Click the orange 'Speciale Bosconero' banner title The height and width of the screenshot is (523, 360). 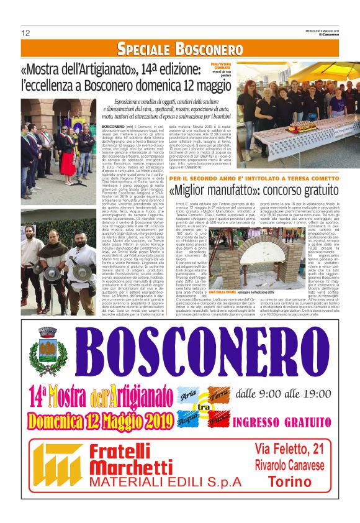180,49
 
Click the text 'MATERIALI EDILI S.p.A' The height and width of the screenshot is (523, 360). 155,481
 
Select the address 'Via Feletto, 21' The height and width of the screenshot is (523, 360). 289,448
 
